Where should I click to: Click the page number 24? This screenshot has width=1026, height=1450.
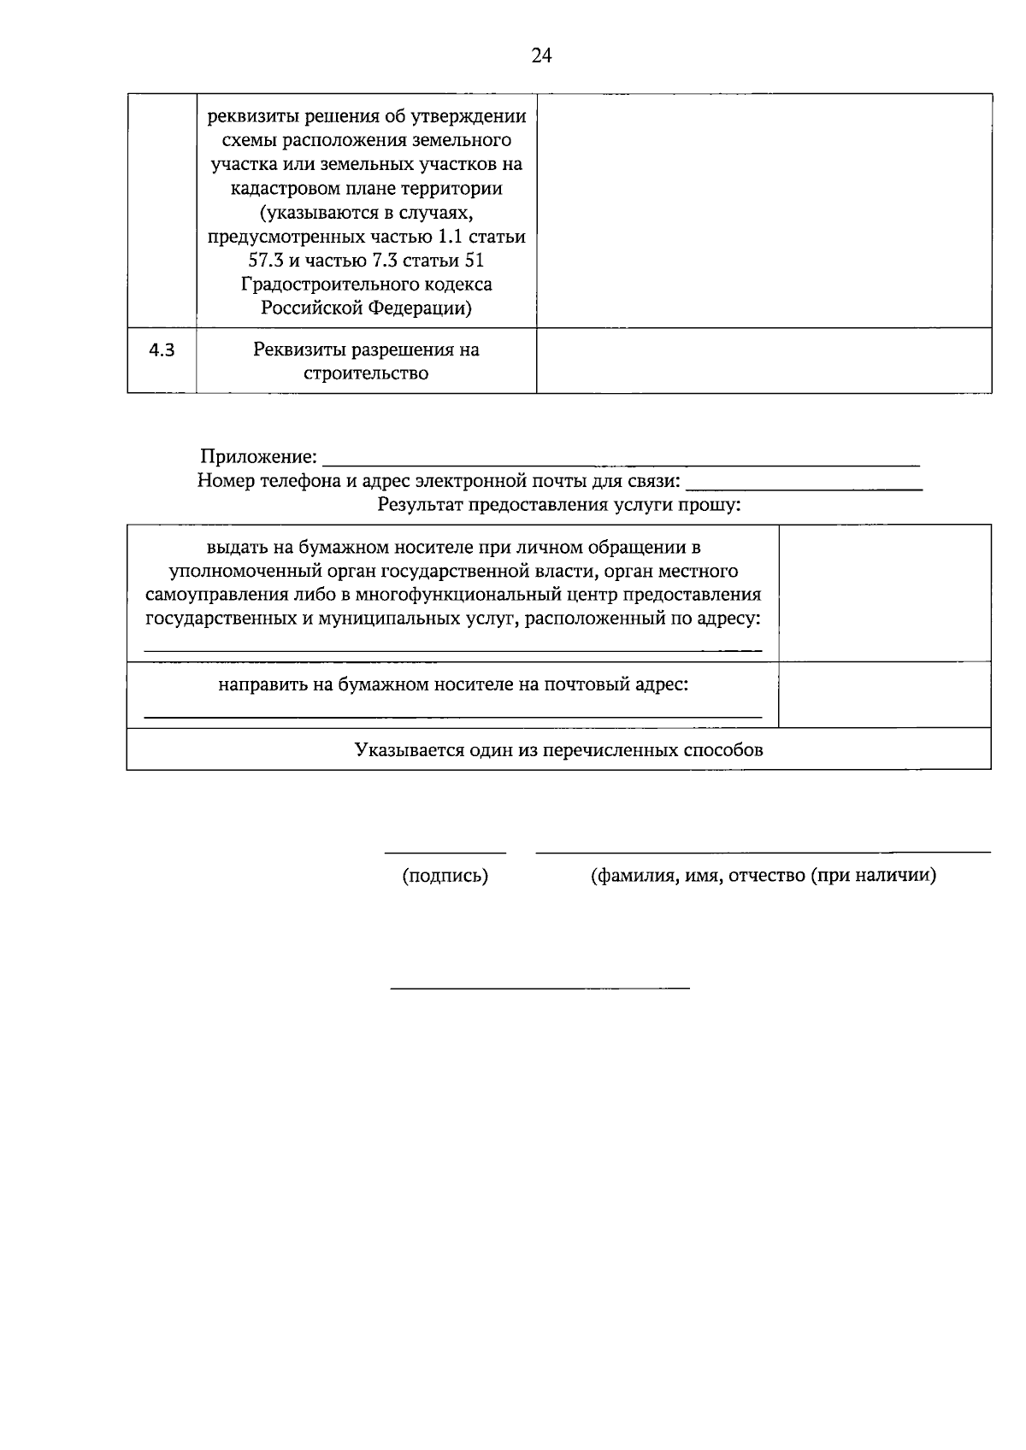click(x=541, y=56)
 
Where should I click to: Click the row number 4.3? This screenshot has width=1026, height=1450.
click(x=162, y=349)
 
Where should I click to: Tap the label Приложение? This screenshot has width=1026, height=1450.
click(x=258, y=457)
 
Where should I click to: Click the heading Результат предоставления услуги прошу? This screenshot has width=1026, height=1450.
click(x=559, y=505)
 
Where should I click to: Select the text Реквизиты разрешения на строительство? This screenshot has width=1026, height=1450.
click(x=366, y=361)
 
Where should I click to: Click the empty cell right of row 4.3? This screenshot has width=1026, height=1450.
click(x=764, y=361)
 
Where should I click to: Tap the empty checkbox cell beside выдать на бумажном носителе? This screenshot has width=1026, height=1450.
click(x=884, y=593)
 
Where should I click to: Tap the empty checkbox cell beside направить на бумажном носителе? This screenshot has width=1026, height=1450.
click(x=884, y=695)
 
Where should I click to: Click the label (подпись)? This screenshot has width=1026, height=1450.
click(x=445, y=876)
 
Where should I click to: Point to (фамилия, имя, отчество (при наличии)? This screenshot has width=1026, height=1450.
click(x=763, y=876)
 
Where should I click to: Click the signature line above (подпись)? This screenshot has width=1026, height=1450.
click(x=445, y=852)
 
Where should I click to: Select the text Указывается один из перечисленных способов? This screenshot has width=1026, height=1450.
click(x=558, y=750)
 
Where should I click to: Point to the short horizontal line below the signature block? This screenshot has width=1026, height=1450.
click(x=540, y=989)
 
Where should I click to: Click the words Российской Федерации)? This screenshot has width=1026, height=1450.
click(x=366, y=308)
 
